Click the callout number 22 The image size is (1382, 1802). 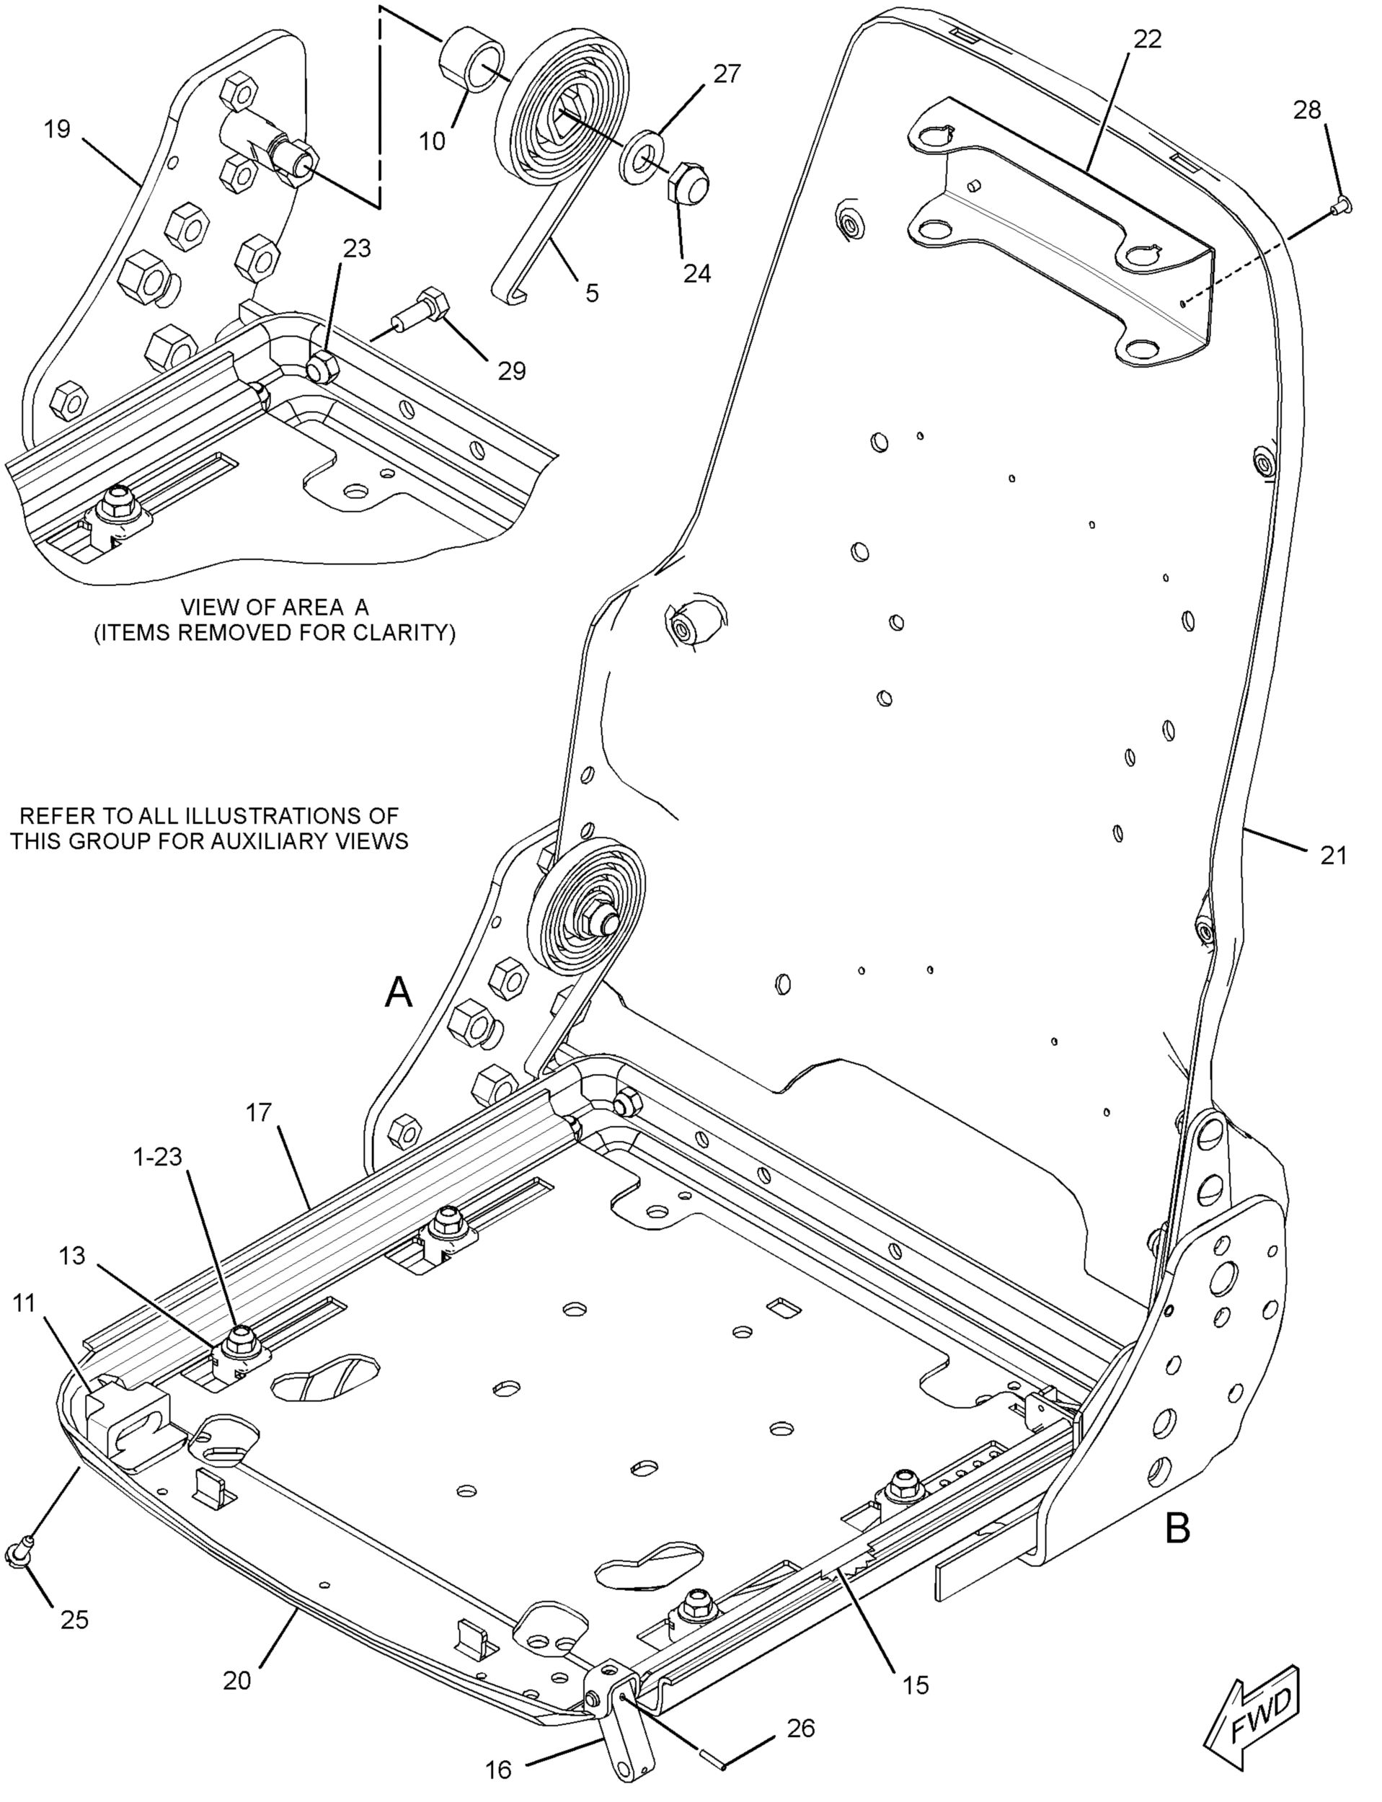tap(1147, 39)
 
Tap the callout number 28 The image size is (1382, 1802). tap(1307, 110)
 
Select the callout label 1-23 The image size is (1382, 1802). tap(158, 1156)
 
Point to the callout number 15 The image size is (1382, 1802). tap(915, 1685)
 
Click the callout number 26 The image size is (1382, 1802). tap(800, 1728)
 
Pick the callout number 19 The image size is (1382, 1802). tap(57, 129)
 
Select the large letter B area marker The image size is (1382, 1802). tap(1178, 1529)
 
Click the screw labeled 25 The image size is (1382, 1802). tap(18, 1547)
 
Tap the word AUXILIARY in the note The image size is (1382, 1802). tap(260, 841)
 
